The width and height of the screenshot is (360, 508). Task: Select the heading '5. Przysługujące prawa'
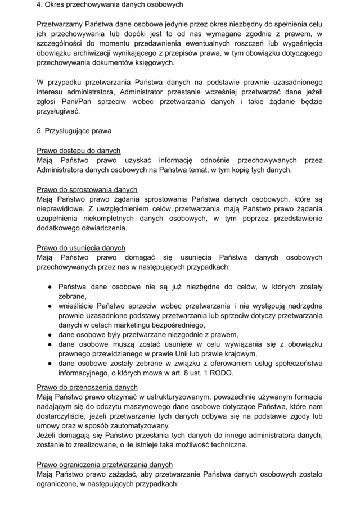point(74,131)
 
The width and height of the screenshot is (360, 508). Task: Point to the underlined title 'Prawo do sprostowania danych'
point(87,189)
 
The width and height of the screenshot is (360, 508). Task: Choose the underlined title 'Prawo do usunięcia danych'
point(81,247)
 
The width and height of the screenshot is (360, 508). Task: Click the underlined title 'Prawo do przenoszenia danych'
point(87,387)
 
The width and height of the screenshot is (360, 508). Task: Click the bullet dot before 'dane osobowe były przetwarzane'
point(49,335)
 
